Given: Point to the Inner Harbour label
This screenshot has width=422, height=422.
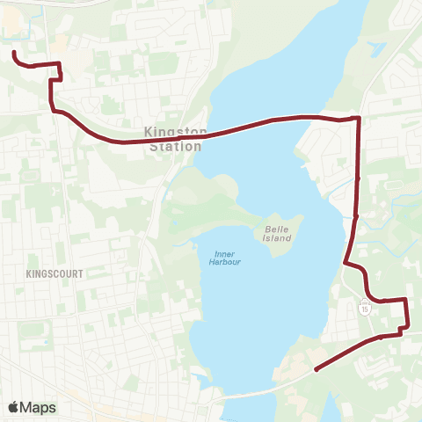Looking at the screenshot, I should coord(226,258).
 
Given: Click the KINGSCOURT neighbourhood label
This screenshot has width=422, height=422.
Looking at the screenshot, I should coord(55,274).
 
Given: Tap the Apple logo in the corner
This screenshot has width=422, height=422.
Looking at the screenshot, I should coord(13,407).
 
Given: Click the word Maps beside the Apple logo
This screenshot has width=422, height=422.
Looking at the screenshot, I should coord(38,407).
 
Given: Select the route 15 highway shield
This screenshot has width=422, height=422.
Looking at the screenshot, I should coord(364,308).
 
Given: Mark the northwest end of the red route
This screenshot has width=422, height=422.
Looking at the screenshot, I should coord(14,54).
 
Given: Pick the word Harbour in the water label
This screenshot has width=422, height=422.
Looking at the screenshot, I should coord(226,263).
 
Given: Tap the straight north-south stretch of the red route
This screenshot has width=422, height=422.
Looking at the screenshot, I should coord(358,176).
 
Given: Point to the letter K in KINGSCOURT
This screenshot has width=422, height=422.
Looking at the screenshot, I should coord(29,274).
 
